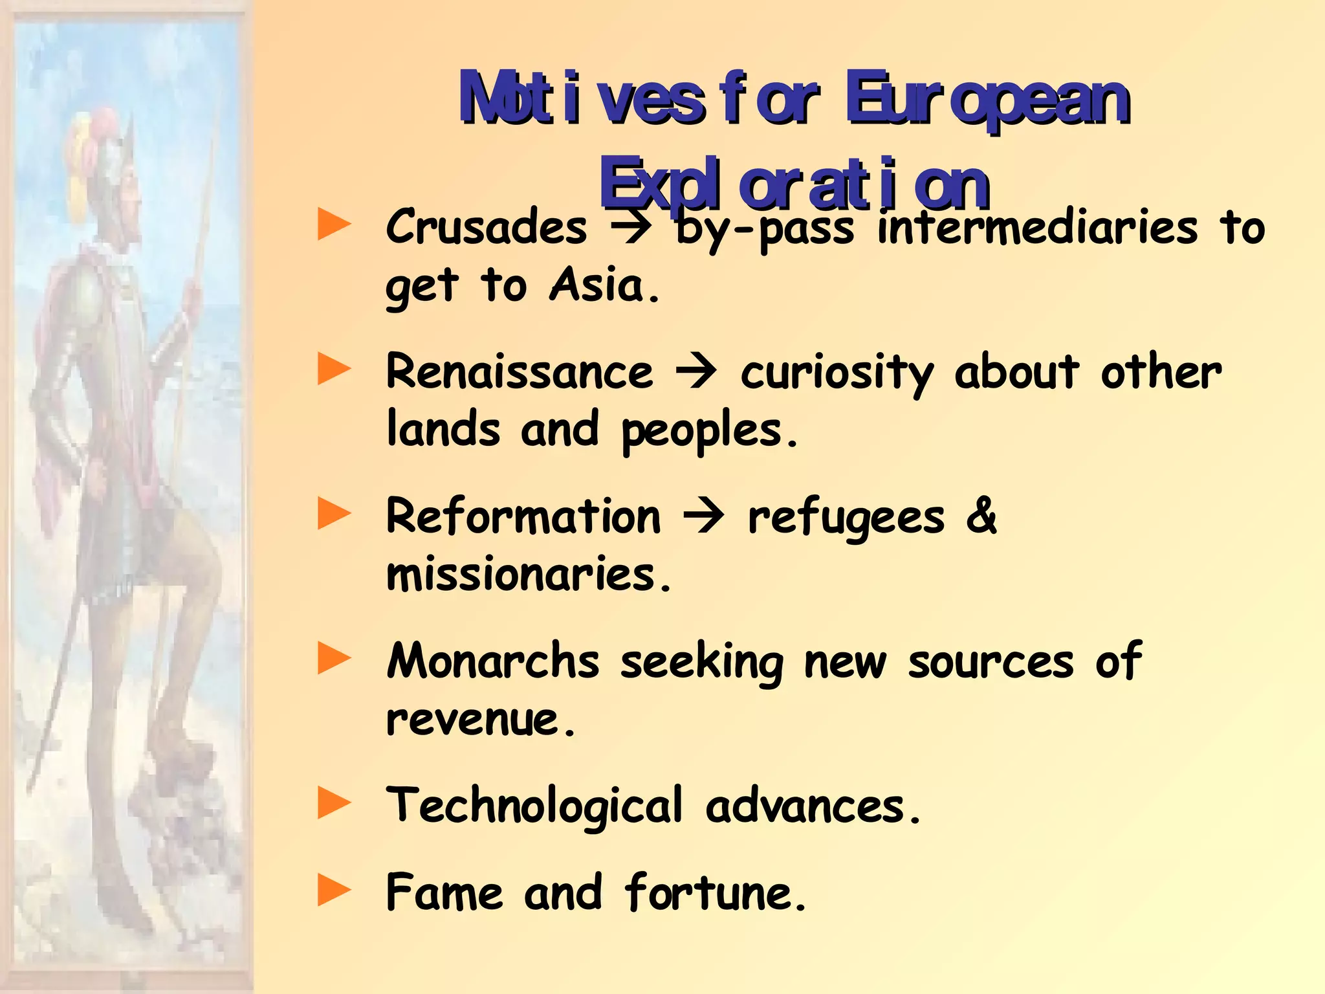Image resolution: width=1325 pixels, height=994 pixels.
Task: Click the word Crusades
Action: (487, 227)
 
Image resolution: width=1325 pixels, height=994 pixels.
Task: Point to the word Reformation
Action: (523, 516)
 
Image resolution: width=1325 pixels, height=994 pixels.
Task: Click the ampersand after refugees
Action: (981, 516)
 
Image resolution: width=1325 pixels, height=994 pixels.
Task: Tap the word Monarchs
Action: (493, 661)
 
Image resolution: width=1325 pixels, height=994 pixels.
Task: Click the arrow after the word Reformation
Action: (704, 518)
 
